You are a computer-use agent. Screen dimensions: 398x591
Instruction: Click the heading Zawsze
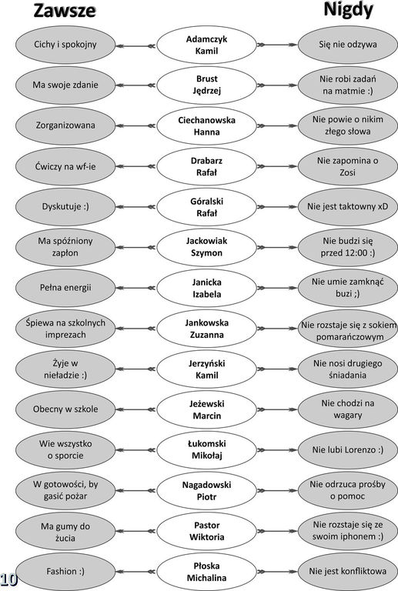65,11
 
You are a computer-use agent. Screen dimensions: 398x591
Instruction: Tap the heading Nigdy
348,10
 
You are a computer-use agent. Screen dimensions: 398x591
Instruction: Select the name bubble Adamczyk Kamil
206,45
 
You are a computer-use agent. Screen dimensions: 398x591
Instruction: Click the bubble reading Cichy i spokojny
65,45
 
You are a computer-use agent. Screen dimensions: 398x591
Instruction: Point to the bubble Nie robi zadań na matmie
347,85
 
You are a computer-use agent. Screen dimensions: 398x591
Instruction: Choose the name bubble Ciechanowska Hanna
206,126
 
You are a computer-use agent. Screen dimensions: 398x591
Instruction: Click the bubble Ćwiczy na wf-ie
65,166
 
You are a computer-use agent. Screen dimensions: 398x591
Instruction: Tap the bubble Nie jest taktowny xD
347,207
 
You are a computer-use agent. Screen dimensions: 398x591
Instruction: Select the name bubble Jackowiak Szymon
206,247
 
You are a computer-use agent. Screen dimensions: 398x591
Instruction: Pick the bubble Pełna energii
65,288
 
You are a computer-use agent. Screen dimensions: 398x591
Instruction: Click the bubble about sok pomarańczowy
347,329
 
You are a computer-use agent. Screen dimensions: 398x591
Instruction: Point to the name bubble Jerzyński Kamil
206,369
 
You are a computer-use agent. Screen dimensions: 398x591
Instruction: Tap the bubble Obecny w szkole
65,409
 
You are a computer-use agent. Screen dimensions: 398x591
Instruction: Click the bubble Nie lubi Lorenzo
347,450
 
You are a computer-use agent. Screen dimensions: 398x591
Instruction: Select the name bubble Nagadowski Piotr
206,490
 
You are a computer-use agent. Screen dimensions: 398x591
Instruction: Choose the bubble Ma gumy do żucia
65,531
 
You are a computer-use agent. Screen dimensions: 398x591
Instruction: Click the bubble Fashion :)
65,572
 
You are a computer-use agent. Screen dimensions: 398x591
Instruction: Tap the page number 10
8,579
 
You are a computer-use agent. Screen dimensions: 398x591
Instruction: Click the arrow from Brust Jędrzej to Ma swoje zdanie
135,85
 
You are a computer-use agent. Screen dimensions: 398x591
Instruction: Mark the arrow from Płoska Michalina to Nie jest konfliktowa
277,572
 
